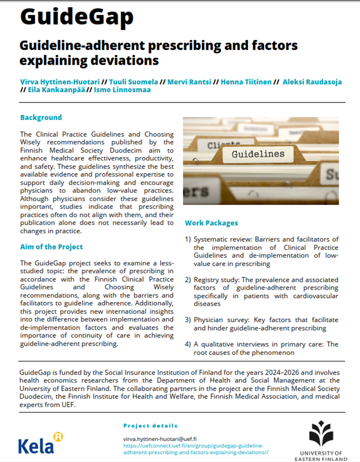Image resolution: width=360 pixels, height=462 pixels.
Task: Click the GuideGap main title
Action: click(77, 17)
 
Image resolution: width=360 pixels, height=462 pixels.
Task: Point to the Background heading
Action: click(41, 118)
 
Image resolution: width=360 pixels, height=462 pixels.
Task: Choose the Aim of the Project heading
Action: click(52, 247)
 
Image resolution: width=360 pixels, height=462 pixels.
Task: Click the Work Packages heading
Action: click(212, 223)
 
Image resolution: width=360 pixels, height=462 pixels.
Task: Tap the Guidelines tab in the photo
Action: click(258, 153)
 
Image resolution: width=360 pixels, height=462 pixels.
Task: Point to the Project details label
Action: click(150, 426)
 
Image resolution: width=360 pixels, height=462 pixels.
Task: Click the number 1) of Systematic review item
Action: click(188, 239)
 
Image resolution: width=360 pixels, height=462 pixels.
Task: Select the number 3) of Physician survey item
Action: click(188, 320)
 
